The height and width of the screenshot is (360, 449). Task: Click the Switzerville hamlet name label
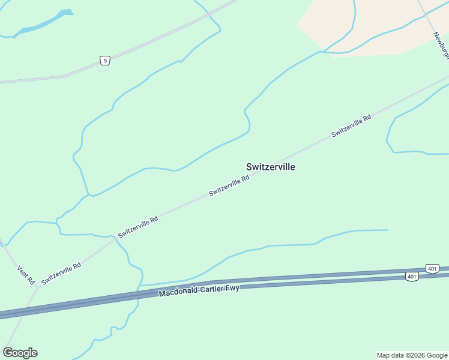(x=270, y=167)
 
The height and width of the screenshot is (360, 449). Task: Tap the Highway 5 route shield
(x=105, y=60)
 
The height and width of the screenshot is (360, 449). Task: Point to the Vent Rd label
(x=26, y=275)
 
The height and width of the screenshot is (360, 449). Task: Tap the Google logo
(x=20, y=353)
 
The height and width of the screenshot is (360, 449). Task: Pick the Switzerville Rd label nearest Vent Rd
(x=61, y=274)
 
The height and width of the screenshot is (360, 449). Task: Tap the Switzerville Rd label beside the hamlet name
(x=229, y=186)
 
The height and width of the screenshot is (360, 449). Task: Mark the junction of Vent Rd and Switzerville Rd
(x=38, y=287)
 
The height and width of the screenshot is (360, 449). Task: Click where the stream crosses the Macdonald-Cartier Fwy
(x=140, y=292)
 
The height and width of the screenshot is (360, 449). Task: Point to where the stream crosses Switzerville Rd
(x=114, y=239)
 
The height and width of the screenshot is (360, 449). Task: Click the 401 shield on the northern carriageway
(x=432, y=268)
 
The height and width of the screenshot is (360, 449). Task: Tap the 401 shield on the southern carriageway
(x=411, y=276)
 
